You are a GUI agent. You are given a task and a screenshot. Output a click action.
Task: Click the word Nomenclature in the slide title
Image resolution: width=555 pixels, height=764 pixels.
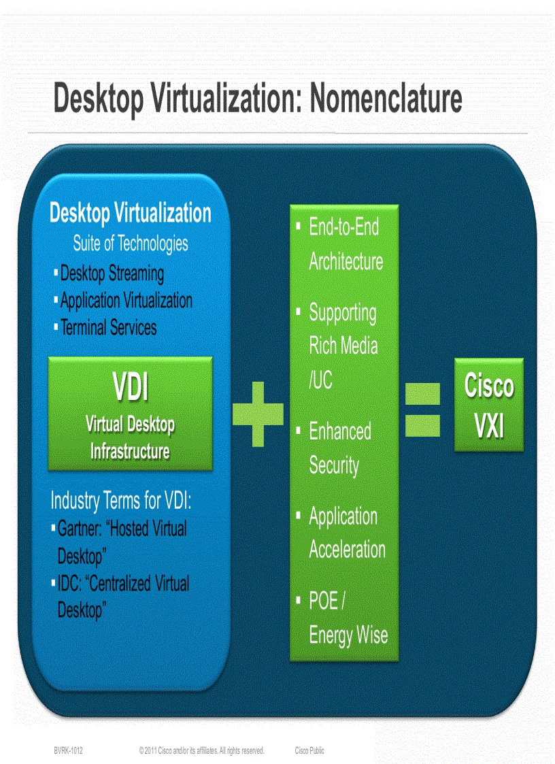pyautogui.click(x=386, y=99)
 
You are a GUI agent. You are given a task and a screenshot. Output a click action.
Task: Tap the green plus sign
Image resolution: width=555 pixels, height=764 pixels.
pyautogui.click(x=258, y=414)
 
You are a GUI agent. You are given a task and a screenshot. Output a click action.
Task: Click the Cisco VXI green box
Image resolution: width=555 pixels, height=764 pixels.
pyautogui.click(x=489, y=405)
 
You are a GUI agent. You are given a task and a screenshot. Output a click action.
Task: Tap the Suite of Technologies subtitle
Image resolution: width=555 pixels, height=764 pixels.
pyautogui.click(x=131, y=243)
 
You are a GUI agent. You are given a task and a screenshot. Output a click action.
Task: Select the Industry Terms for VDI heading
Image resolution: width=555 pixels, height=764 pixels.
pyautogui.click(x=121, y=501)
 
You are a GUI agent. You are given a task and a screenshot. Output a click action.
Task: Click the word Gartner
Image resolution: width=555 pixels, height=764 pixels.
pyautogui.click(x=80, y=529)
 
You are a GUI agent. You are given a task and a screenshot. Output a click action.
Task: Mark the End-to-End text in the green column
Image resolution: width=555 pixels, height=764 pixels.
pyautogui.click(x=343, y=227)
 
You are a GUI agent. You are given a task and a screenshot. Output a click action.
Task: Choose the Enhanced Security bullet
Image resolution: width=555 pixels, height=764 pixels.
pyautogui.click(x=340, y=448)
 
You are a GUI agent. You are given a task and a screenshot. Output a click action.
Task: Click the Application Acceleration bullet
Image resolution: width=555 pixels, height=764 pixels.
pyautogui.click(x=347, y=533)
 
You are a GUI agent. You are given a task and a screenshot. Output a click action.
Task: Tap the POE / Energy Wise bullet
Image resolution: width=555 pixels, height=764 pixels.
pyautogui.click(x=348, y=618)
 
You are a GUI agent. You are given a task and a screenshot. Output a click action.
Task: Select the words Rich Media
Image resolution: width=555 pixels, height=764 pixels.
pyautogui.click(x=343, y=346)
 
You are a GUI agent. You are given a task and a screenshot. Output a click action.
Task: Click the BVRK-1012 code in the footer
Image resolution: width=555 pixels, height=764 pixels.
pyautogui.click(x=69, y=750)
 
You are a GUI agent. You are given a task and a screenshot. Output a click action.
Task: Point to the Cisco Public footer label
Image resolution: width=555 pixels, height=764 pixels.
pyautogui.click(x=309, y=750)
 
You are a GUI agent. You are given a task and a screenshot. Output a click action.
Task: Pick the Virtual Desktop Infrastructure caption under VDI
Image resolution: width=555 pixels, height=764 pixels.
pyautogui.click(x=130, y=437)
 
